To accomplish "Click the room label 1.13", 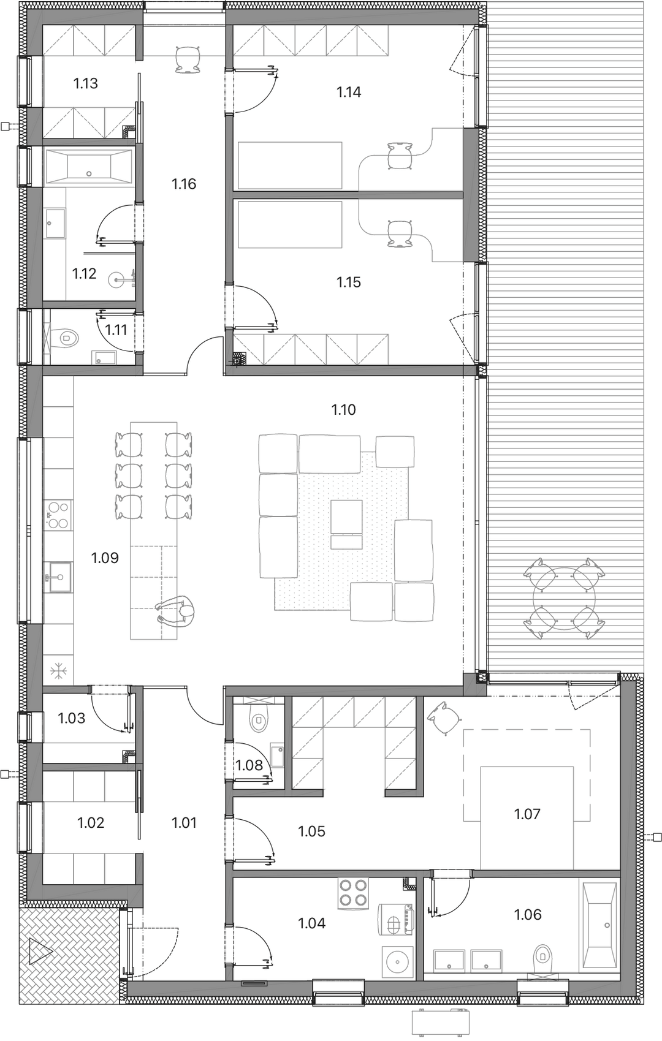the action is click(x=86, y=84).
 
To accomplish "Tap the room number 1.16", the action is click(x=184, y=184).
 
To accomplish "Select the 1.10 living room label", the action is click(x=343, y=410).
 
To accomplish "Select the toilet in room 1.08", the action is click(x=258, y=721).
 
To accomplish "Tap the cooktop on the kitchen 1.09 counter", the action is click(x=58, y=515).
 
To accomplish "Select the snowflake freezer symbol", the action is click(x=59, y=671).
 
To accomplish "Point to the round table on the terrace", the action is click(x=564, y=599).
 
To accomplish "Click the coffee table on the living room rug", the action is click(x=346, y=517).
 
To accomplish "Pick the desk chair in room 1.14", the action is click(x=400, y=156).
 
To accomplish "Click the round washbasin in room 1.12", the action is click(x=116, y=280).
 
